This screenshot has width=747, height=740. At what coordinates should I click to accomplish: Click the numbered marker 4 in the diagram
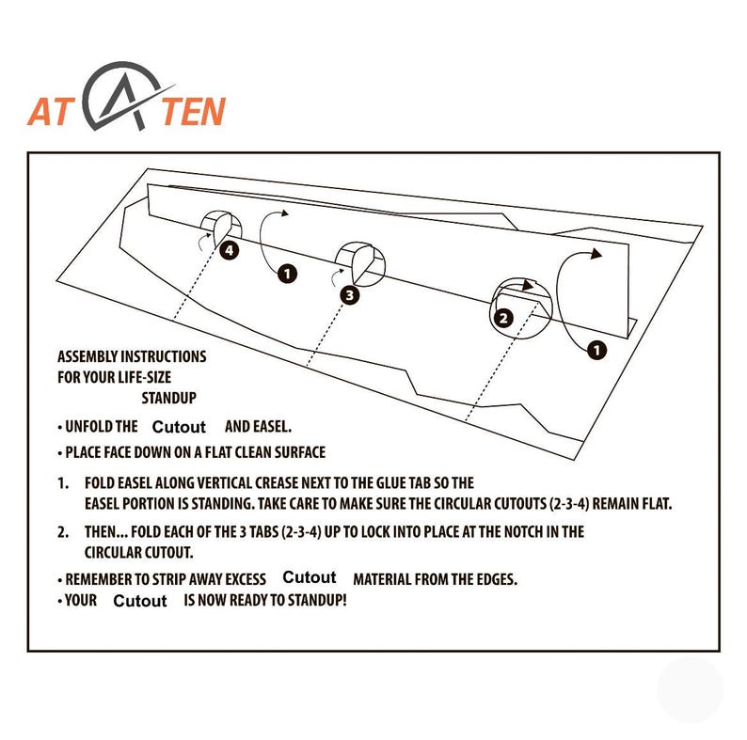click(230, 250)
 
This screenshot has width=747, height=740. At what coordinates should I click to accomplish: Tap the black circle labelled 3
click(350, 295)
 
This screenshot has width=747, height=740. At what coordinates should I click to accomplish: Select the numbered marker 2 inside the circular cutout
click(503, 318)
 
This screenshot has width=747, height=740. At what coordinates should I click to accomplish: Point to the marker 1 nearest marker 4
click(287, 274)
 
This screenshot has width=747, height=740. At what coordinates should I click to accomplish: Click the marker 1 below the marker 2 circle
click(596, 351)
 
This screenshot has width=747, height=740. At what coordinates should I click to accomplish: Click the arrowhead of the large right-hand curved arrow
click(596, 254)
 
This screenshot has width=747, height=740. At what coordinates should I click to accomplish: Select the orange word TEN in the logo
click(193, 112)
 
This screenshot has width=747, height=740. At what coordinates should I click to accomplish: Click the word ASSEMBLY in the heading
click(87, 356)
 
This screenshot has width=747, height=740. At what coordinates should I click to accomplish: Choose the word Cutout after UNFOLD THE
click(179, 427)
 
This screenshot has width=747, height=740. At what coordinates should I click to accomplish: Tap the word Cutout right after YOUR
click(140, 601)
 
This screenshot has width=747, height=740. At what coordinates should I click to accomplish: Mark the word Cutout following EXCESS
click(310, 577)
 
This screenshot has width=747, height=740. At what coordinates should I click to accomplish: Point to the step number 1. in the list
click(63, 483)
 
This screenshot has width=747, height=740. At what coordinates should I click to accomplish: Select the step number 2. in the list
click(63, 532)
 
